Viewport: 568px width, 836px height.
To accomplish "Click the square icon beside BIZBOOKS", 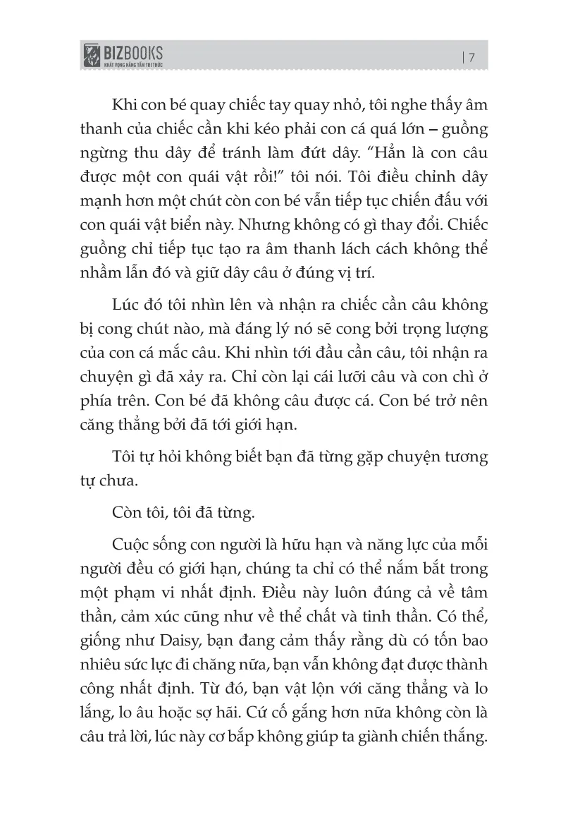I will (x=92, y=56).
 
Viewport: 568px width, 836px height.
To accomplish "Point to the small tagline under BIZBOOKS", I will (x=133, y=64).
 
